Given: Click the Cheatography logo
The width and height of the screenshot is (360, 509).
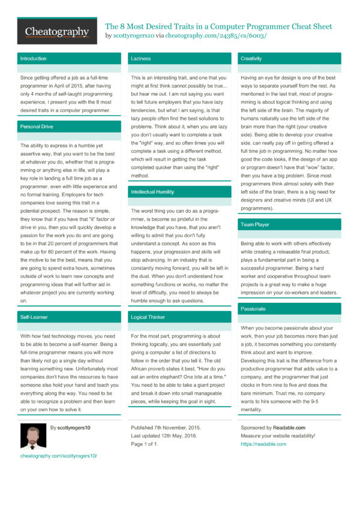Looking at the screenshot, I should pyautogui.click(x=57, y=31).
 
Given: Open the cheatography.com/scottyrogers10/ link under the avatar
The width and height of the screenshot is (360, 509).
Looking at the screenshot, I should pyautogui.click(x=58, y=456).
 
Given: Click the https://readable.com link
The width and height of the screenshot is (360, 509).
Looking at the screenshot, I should pyautogui.click(x=263, y=444).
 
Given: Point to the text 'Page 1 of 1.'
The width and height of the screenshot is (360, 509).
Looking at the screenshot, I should pyautogui.click(x=145, y=444).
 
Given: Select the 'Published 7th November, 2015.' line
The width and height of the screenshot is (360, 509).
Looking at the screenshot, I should pyautogui.click(x=166, y=427).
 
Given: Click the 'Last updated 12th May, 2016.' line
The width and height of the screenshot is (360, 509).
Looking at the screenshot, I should pyautogui.click(x=164, y=436).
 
